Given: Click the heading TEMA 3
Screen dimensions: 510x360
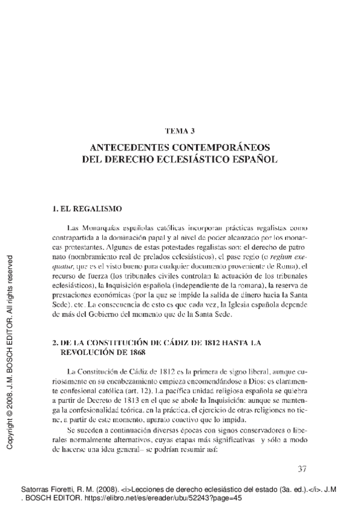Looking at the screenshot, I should pyautogui.click(x=179, y=131).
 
